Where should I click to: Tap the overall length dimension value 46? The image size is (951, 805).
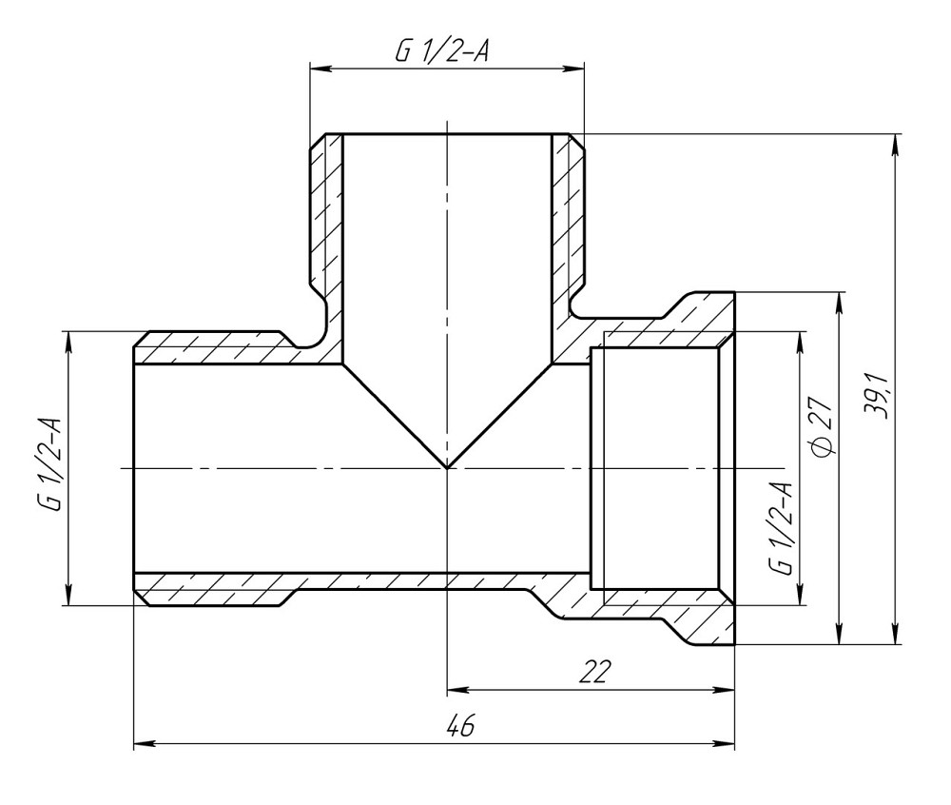coord(460,728)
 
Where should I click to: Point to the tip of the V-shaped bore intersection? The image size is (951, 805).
coord(447,467)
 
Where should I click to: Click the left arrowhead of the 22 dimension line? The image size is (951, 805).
coord(454,687)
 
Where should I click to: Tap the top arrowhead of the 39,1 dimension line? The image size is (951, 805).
coord(895,141)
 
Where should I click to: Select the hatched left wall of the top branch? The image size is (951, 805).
coord(327,219)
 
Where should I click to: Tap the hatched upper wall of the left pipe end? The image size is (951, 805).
coord(209,348)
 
